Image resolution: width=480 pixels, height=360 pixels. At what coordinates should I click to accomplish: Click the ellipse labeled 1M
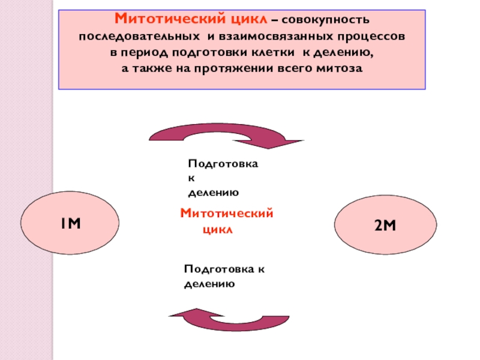(x=69, y=224)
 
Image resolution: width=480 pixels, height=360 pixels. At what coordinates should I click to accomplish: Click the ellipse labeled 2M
(x=383, y=225)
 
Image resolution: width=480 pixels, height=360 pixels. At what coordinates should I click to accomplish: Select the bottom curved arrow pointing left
(x=227, y=318)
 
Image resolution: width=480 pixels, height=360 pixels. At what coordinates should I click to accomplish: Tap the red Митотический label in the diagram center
(x=227, y=213)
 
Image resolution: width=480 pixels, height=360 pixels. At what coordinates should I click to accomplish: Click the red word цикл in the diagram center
(x=217, y=230)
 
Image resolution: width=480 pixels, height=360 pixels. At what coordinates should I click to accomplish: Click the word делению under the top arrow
(x=214, y=193)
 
